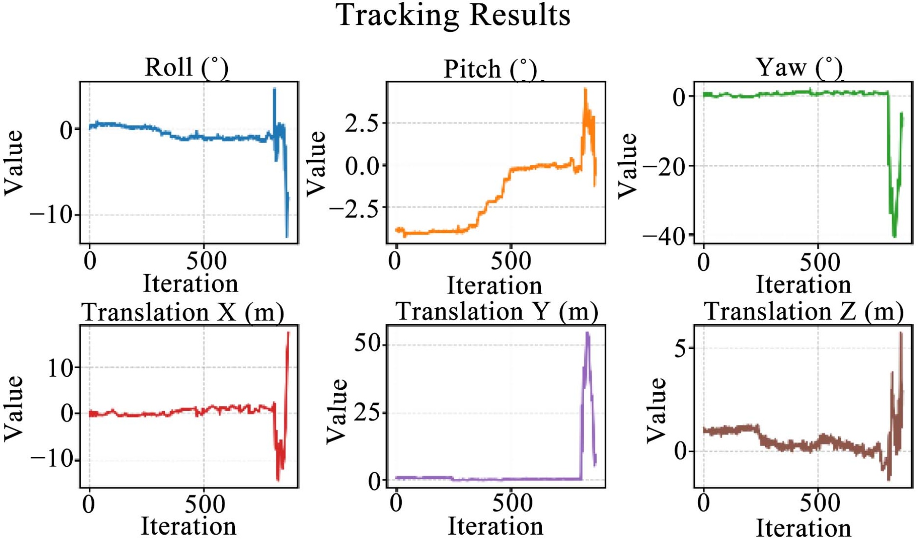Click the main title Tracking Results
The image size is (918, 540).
point(453,15)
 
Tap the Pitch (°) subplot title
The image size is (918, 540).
point(490,69)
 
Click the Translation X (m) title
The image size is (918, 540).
point(183,312)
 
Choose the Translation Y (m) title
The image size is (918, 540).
point(496,311)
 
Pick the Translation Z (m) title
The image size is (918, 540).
point(803,311)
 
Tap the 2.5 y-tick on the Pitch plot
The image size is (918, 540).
point(362,123)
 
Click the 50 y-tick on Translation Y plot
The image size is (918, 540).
point(367,344)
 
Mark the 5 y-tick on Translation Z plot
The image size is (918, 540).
point(681,349)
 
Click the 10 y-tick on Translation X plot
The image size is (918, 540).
point(60,368)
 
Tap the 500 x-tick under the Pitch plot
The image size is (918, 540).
point(510,261)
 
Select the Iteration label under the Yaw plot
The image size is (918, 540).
point(803,284)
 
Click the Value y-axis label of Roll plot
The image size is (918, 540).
point(14,163)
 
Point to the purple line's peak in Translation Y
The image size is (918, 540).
point(588,333)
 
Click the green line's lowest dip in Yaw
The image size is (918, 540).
point(894,236)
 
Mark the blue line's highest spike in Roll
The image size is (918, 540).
point(274,89)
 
